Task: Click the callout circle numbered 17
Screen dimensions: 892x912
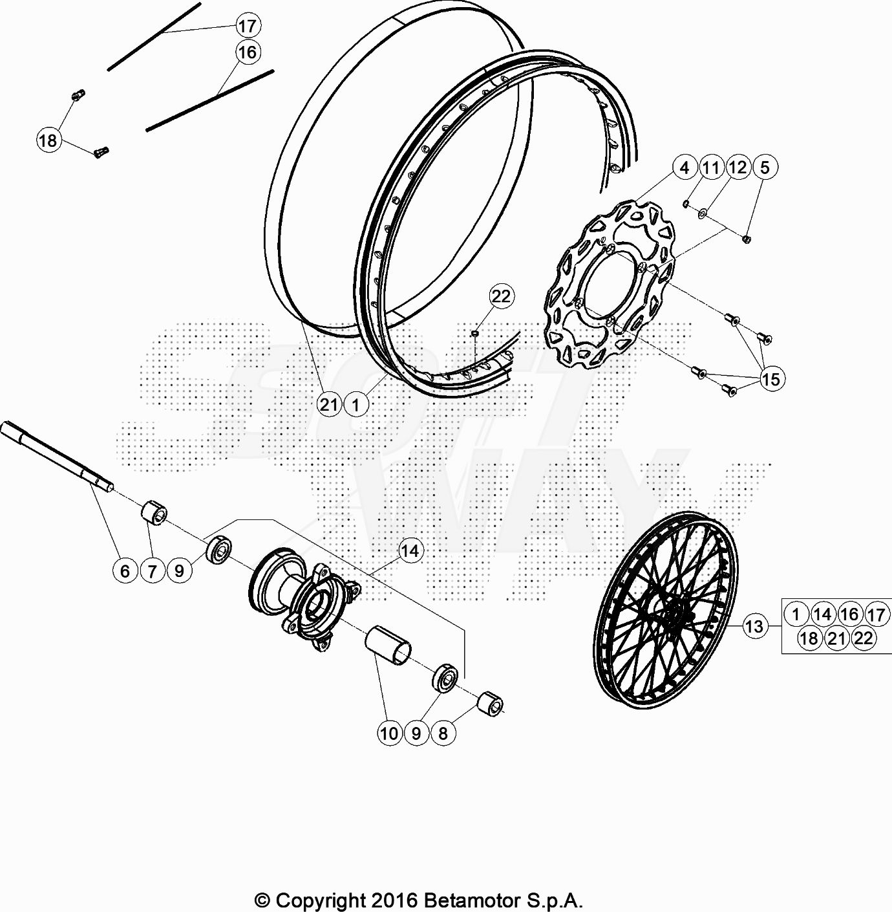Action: (x=248, y=26)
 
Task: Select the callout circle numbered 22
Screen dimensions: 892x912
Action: (x=502, y=296)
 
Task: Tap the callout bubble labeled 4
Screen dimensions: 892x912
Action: (x=685, y=168)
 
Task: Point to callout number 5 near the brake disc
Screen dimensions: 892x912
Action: (x=765, y=167)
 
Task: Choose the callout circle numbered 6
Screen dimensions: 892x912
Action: (x=125, y=570)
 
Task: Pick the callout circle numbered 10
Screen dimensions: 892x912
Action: (x=389, y=733)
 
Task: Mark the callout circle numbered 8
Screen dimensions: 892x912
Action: (x=443, y=733)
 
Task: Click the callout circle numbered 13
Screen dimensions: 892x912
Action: (x=754, y=626)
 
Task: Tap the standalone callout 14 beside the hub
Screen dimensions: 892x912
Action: (x=410, y=550)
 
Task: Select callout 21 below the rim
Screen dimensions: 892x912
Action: (x=329, y=404)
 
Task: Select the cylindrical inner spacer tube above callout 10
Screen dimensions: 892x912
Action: (x=388, y=645)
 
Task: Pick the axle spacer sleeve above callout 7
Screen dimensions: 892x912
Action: (x=154, y=512)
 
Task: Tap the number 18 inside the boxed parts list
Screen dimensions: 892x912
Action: (x=809, y=638)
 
